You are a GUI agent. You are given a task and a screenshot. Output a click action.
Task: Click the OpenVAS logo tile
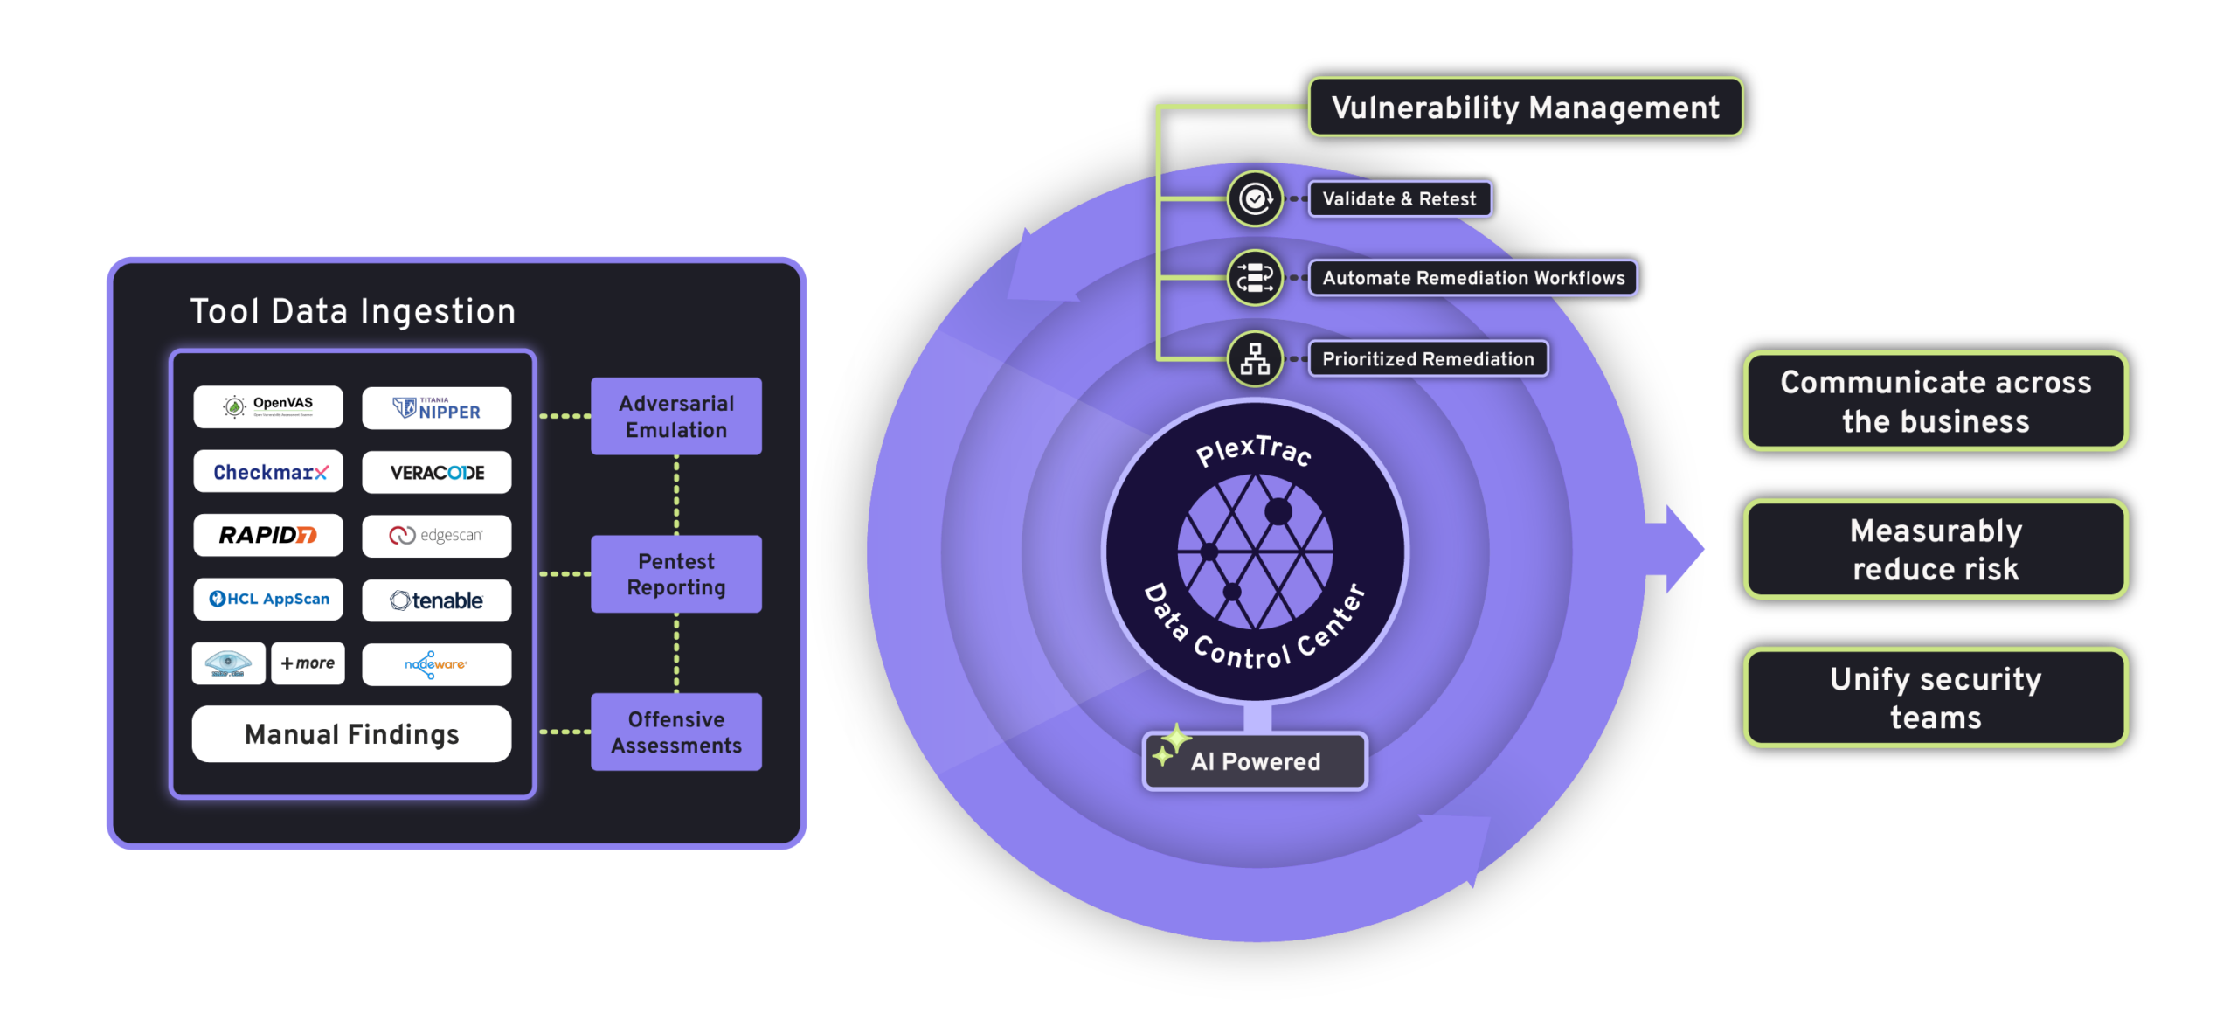268,406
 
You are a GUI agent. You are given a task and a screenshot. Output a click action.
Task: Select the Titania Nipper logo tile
437,408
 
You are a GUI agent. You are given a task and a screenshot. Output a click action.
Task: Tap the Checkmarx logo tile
268,472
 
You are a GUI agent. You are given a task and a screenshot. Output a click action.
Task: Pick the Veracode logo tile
437,473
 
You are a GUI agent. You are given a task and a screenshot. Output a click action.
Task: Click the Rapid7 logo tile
268,535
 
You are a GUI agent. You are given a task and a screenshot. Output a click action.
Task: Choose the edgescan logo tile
437,536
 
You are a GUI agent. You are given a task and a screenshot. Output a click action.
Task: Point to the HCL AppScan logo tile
268,600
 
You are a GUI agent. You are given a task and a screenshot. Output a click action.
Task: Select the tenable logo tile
437,600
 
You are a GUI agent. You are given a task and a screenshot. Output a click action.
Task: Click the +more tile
308,663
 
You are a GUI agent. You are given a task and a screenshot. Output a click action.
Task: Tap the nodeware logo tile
437,664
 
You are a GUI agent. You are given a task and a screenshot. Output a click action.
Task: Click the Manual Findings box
351,734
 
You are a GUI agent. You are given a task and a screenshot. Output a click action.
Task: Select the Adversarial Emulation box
676,416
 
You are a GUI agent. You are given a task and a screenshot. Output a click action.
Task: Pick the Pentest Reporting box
676,574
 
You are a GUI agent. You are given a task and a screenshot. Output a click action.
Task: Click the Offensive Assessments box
676,732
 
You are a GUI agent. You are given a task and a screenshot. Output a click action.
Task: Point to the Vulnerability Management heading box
1526,108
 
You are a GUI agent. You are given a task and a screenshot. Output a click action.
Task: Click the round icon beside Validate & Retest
1255,199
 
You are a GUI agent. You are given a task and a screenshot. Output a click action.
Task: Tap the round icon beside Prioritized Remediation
1255,359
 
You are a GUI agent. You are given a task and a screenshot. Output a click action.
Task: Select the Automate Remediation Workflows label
1473,278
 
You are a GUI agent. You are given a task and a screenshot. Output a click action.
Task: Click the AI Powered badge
1256,761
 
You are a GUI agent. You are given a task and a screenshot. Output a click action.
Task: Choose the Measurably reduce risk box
1936,550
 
